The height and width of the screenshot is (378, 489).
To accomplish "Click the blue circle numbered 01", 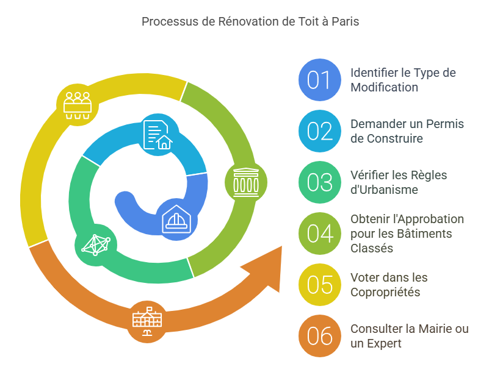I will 319,80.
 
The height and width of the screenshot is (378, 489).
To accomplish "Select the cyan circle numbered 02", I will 319,131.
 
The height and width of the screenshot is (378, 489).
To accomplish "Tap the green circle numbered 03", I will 319,182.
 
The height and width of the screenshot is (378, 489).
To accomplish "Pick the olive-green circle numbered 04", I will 319,234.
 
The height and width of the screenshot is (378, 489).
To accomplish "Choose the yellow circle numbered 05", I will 319,285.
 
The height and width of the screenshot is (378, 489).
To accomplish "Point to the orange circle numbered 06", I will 319,336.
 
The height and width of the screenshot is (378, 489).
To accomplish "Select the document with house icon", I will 158,135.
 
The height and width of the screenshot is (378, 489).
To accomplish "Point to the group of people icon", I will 78,103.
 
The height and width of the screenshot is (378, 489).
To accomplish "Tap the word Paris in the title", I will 346,21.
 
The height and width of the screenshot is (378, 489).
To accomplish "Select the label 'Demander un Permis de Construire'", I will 407,131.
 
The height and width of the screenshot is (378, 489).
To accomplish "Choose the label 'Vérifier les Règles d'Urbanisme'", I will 399,182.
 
